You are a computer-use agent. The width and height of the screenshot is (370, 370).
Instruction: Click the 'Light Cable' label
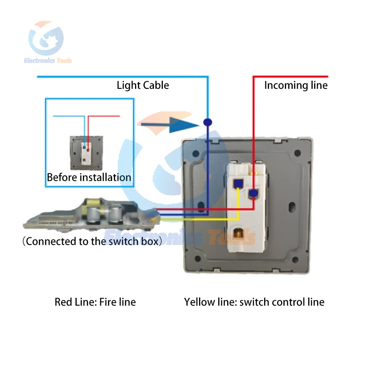pos(143,85)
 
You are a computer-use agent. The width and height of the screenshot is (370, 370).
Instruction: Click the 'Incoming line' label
pos(296,85)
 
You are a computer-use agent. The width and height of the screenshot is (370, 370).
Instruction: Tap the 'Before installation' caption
pos(89,177)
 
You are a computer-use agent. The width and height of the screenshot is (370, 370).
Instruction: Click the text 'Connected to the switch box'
pos(92,242)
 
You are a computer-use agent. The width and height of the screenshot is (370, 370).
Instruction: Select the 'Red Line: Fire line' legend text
pos(95,302)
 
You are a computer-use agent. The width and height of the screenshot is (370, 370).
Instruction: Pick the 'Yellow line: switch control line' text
pos(254,302)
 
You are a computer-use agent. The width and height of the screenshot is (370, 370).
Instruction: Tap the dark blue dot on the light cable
pos(208,122)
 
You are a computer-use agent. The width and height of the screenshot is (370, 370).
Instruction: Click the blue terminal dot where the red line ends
pos(253,193)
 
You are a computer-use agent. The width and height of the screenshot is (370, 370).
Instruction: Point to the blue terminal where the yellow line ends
pos(238,183)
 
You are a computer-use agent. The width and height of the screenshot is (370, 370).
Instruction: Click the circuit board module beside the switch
pos(91,215)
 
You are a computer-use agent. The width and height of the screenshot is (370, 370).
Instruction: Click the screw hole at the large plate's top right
pos(297,152)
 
